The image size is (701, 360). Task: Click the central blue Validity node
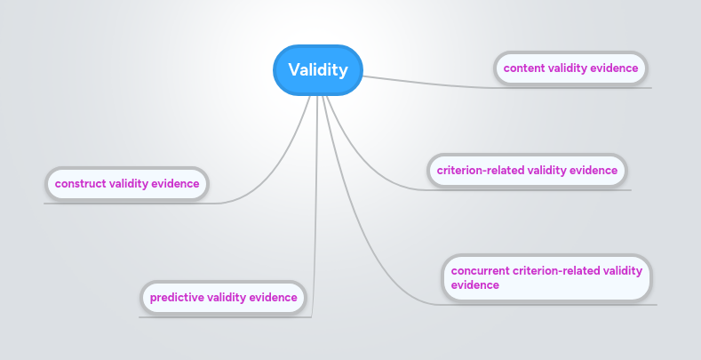317,69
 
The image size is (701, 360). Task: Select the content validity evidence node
570,68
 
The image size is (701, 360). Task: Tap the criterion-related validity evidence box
527,170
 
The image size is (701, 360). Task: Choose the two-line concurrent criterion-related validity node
546,277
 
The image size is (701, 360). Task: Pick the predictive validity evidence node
223,297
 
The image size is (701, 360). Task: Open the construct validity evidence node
126,184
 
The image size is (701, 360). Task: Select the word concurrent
480,270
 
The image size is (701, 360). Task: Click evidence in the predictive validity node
273,297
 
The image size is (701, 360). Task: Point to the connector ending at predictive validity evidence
315,222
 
